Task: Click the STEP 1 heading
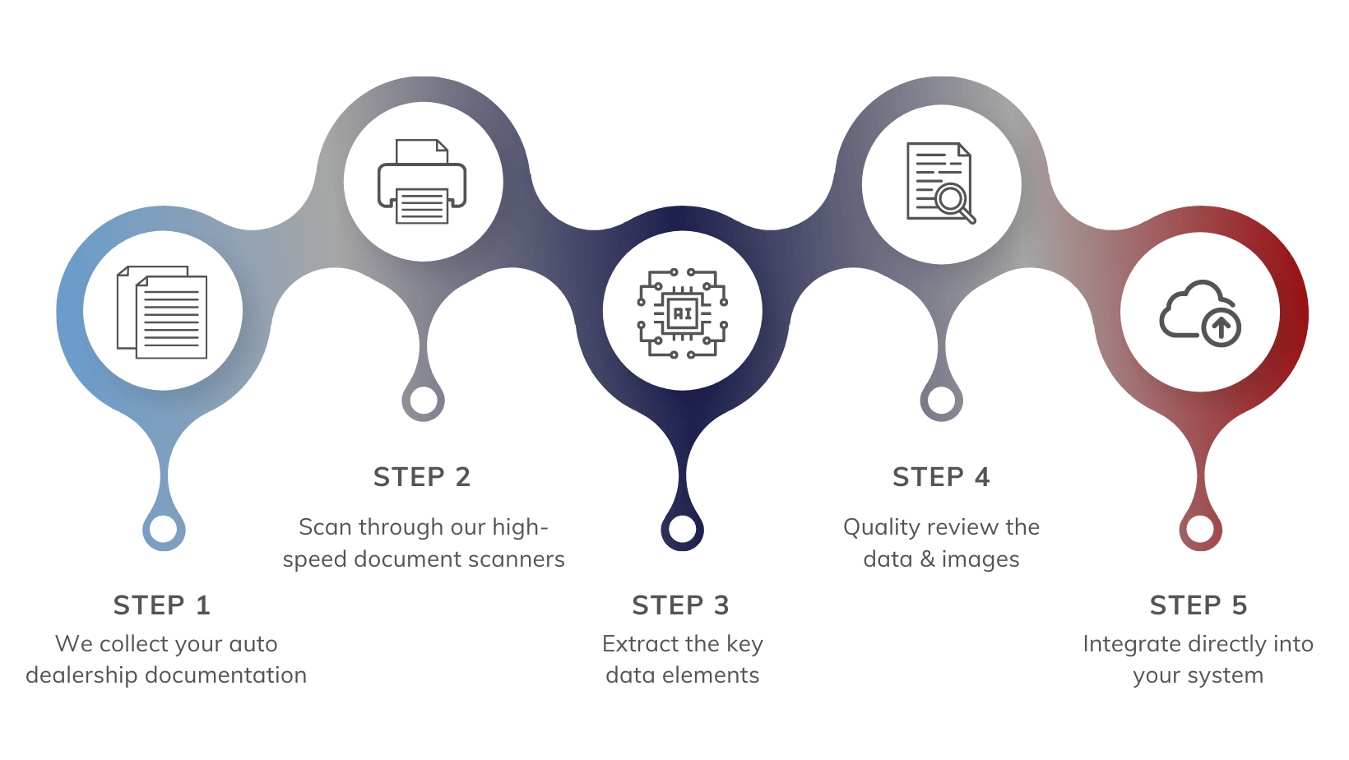pyautogui.click(x=162, y=605)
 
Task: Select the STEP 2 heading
pyautogui.click(x=421, y=477)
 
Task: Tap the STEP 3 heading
pyautogui.click(x=680, y=605)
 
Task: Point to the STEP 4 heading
pyautogui.click(x=941, y=477)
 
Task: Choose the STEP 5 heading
pyautogui.click(x=1198, y=605)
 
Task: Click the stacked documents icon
pyautogui.click(x=162, y=312)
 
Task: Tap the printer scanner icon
pyautogui.click(x=422, y=182)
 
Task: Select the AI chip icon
pyautogui.click(x=682, y=313)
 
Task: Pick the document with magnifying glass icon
pyautogui.click(x=941, y=183)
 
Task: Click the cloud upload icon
pyautogui.click(x=1200, y=313)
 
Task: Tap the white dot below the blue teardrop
pyautogui.click(x=163, y=529)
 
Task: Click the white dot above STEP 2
pyautogui.click(x=424, y=401)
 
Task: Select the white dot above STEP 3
pyautogui.click(x=682, y=529)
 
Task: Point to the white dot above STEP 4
pyautogui.click(x=942, y=401)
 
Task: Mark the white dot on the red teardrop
pyautogui.click(x=1200, y=529)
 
